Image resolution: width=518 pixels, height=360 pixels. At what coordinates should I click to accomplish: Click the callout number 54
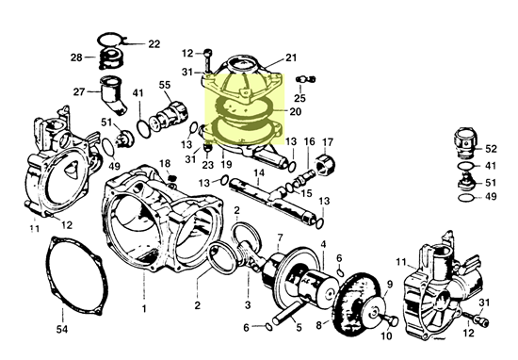coord(62,329)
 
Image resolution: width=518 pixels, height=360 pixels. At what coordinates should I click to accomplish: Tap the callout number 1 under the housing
coord(144,309)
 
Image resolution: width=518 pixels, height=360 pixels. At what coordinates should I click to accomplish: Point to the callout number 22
coord(154,44)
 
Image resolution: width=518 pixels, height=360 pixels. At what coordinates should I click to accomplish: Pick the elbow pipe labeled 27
coord(114,95)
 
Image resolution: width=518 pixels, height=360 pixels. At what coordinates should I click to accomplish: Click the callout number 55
coord(165,85)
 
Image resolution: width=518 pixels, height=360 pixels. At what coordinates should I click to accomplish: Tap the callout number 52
coord(491,149)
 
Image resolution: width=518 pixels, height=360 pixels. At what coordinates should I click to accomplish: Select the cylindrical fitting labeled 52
coord(465,141)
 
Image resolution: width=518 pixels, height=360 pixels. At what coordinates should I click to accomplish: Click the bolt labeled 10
coord(390,319)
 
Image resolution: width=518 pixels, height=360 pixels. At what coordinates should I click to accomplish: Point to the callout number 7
coord(280,237)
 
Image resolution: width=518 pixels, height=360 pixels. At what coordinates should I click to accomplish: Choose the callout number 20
coord(296,112)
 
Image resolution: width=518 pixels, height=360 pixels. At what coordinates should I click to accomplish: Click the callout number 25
coord(299,98)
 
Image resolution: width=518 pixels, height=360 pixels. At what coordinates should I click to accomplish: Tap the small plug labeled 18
coord(171,178)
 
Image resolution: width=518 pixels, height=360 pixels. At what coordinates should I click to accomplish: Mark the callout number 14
coord(259,172)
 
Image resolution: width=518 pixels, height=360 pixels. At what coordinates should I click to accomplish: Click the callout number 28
coord(76,57)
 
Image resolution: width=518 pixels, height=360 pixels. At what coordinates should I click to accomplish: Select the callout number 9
coord(390,284)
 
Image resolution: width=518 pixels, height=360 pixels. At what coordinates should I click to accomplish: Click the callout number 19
coord(226,164)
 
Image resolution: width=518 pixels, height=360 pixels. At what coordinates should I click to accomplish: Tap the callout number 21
coord(291,57)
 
